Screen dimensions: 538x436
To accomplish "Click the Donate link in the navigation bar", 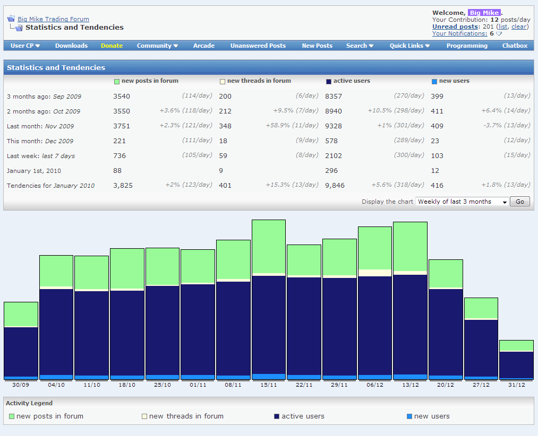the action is [112, 46].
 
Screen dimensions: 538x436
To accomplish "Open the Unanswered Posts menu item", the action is [258, 46].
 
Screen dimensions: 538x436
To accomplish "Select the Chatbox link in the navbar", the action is [515, 46].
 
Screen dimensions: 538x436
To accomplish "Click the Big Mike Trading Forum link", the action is [53, 19].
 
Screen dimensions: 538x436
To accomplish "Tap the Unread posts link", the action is [455, 27].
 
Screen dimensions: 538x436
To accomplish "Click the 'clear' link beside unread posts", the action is [519, 27].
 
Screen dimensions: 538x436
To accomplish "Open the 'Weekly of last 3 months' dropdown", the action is [462, 202].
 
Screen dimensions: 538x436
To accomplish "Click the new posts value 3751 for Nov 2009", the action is [122, 126].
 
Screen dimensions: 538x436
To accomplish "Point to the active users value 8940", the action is [334, 111].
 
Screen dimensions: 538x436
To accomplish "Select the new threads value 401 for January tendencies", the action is [225, 186].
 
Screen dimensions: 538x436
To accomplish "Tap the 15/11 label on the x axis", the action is [269, 385].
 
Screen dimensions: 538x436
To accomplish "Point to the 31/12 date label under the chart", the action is [517, 385].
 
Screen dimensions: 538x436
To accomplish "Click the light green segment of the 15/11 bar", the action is [269, 247].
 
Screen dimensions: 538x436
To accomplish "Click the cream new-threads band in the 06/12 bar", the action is [375, 273].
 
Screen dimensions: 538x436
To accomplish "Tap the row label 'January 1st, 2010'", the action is [34, 171].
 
